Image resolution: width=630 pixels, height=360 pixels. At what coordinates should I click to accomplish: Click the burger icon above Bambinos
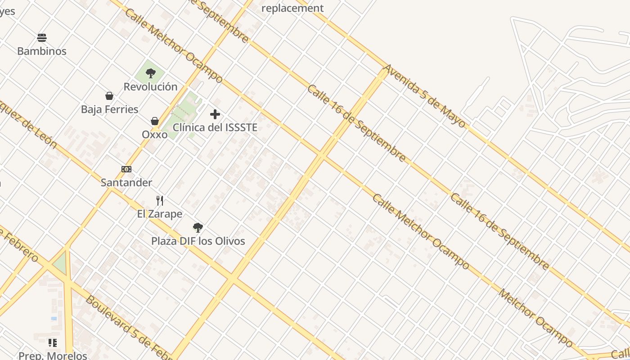pyautogui.click(x=42, y=37)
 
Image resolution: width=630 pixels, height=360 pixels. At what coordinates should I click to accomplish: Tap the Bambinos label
pyautogui.click(x=42, y=51)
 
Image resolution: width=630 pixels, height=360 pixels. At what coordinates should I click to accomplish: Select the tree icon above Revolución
pyautogui.click(x=151, y=73)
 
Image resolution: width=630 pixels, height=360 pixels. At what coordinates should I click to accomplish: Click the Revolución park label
pyautogui.click(x=151, y=86)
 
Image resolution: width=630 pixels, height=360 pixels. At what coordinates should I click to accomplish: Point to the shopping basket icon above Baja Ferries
pyautogui.click(x=109, y=96)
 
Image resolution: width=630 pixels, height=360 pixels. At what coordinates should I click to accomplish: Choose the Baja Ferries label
pyautogui.click(x=110, y=109)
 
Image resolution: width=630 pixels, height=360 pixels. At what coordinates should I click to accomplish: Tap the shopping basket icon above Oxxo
pyautogui.click(x=155, y=121)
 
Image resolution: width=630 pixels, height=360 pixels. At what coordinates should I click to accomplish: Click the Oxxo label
pyautogui.click(x=155, y=135)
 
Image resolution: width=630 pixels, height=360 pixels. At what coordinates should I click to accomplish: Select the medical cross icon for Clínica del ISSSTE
pyautogui.click(x=215, y=114)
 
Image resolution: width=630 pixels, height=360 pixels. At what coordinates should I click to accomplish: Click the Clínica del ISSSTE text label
pyautogui.click(x=215, y=127)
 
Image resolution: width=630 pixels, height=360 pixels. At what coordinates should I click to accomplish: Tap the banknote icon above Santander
pyautogui.click(x=126, y=169)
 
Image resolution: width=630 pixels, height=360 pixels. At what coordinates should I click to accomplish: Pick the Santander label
pyautogui.click(x=126, y=183)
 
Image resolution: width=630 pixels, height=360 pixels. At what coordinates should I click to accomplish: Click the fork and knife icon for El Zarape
pyautogui.click(x=160, y=200)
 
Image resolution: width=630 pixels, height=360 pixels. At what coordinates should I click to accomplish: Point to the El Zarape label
pyautogui.click(x=160, y=214)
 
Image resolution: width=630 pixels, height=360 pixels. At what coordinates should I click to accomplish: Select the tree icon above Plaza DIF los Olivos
pyautogui.click(x=198, y=228)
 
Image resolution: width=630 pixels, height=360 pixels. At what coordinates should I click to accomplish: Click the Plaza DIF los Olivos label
pyautogui.click(x=198, y=241)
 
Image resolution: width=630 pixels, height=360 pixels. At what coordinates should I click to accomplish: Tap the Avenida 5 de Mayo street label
pyautogui.click(x=424, y=96)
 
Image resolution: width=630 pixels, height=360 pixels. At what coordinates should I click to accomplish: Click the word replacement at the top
pyautogui.click(x=292, y=8)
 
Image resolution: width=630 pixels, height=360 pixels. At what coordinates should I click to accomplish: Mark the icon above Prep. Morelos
pyautogui.click(x=53, y=343)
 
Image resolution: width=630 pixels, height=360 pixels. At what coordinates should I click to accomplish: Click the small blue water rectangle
pyautogui.click(x=54, y=318)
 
